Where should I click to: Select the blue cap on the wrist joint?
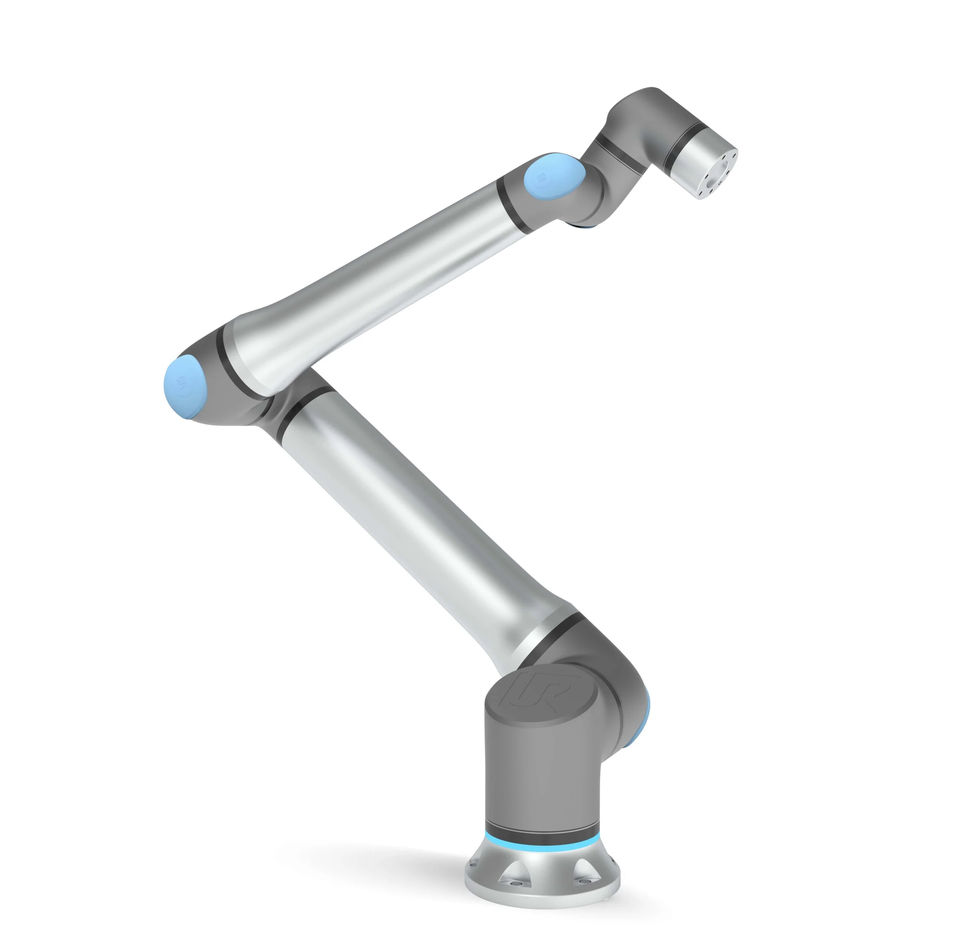point(554,177)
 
